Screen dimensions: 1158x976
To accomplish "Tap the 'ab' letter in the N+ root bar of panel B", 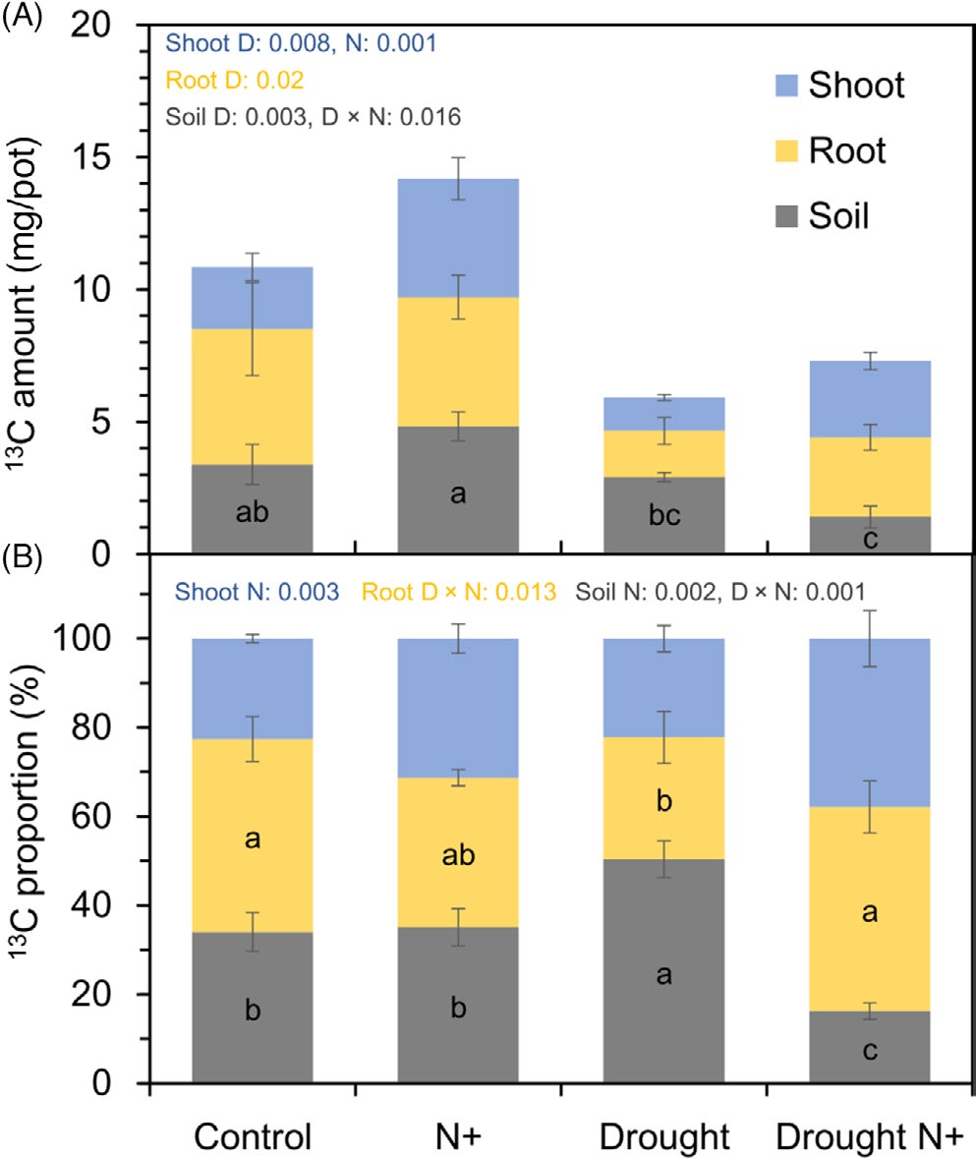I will (458, 854).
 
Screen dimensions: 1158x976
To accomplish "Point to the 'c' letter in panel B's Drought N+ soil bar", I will (869, 1050).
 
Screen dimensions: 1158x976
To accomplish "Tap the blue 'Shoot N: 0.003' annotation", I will (258, 592).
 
